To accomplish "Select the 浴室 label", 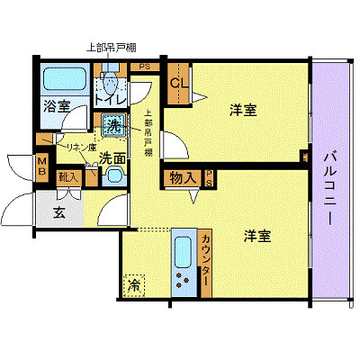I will point(56,106).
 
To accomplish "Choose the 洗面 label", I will point(112,157).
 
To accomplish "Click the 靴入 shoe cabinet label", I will point(67,178).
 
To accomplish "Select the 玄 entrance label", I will point(58,213).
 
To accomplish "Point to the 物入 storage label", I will point(181,178).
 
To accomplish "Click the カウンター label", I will point(205,260).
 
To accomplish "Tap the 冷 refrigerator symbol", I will point(134,284).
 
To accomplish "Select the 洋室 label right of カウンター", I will point(258,237).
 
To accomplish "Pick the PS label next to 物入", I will point(209,177).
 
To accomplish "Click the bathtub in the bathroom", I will point(61,80).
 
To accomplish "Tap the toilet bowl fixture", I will point(110,84).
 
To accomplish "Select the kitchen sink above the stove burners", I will point(183,249).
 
